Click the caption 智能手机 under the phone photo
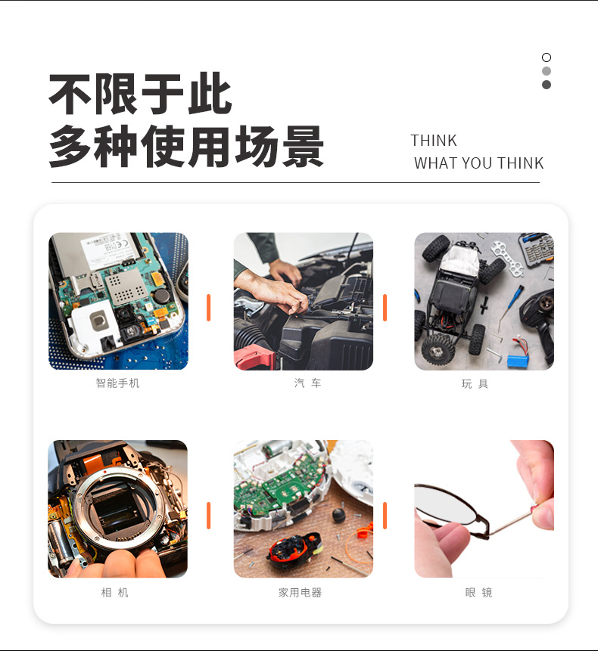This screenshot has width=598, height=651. click(117, 383)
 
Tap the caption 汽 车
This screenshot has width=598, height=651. click(307, 383)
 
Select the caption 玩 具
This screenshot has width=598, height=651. click(475, 383)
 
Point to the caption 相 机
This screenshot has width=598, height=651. click(115, 592)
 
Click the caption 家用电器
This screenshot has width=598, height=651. click(300, 593)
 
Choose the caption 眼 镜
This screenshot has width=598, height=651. click(478, 593)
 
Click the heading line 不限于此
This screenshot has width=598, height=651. click(140, 94)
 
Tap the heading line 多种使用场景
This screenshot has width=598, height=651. click(186, 146)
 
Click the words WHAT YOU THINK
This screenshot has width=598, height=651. click(478, 163)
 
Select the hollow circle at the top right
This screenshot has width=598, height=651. click(547, 57)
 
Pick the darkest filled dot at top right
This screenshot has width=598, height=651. click(547, 85)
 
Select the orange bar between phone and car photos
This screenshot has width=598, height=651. click(209, 307)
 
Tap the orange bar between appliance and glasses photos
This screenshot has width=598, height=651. click(385, 515)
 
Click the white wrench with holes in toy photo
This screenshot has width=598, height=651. click(507, 258)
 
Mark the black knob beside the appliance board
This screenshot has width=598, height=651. click(339, 515)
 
